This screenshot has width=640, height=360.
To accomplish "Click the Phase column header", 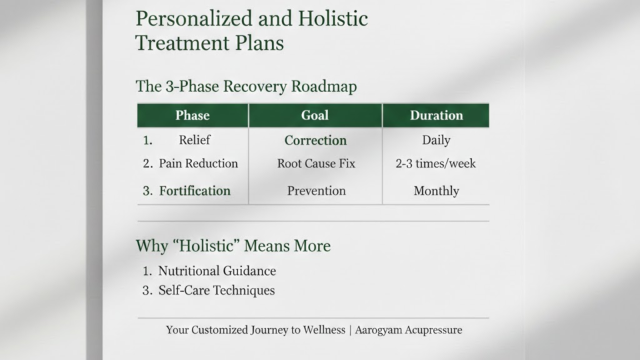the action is click(x=192, y=116).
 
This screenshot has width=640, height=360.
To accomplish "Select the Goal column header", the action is click(x=315, y=116).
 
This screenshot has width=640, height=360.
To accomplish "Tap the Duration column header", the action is click(x=436, y=116).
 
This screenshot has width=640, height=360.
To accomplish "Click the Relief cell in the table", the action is click(x=195, y=140).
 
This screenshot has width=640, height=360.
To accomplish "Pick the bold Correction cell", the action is click(x=316, y=141).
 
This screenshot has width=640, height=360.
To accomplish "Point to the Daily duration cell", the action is click(x=436, y=141).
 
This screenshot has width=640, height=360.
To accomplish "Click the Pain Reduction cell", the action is click(x=198, y=163).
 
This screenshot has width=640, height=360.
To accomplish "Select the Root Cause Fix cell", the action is click(x=316, y=163).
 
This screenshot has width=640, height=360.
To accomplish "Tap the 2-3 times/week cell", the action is click(x=436, y=163).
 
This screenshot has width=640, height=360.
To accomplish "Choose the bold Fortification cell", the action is click(x=195, y=191).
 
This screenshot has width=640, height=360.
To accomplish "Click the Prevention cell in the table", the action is click(x=316, y=191).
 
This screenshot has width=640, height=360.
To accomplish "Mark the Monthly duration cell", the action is click(x=436, y=191).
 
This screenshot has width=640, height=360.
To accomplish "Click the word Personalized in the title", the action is click(x=194, y=19).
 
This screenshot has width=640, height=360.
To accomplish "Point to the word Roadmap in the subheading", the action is click(x=324, y=86).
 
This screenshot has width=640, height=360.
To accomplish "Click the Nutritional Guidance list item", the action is click(x=217, y=271).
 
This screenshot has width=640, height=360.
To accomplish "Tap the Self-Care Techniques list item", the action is click(x=216, y=290).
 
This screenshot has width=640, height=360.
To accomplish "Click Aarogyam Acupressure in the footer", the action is click(x=409, y=330).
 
